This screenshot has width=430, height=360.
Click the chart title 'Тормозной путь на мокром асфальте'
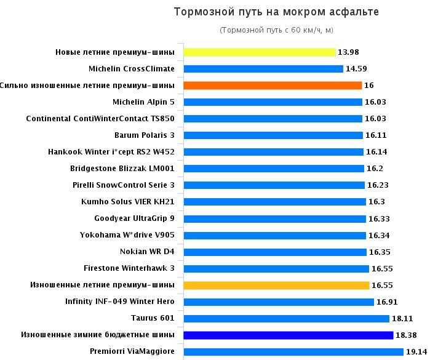276,12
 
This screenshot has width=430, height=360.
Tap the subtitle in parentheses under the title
276,30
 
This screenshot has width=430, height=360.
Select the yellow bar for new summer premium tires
260,52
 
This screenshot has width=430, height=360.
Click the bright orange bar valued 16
273,86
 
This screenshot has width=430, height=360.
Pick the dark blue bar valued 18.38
289,335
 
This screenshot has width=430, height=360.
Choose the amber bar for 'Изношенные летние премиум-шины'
276,285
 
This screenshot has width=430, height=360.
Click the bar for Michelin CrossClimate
263,69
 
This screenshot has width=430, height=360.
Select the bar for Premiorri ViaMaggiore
293,351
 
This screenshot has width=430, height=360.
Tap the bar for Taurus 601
287,318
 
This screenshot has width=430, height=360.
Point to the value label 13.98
349,52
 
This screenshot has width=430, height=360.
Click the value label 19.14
415,351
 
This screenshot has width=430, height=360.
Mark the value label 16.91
388,302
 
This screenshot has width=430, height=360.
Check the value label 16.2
375,169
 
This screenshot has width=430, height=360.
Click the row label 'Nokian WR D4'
147,252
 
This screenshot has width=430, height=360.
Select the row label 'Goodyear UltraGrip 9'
134,218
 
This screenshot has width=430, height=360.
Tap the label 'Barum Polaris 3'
144,135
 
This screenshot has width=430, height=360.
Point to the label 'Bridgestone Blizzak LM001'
122,169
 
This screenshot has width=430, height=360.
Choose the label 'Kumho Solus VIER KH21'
128,202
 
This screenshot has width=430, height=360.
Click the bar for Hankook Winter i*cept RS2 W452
273,152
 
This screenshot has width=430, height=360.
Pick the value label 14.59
357,69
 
